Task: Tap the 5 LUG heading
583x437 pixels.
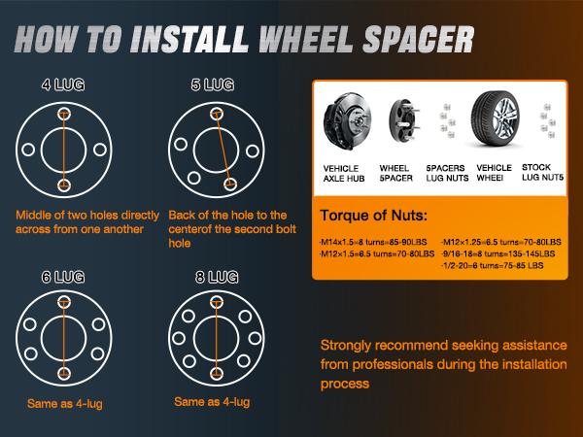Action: [212, 85]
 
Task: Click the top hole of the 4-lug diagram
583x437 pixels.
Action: [65, 115]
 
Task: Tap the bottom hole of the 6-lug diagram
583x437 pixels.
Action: [65, 374]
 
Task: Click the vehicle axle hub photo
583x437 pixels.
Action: [348, 125]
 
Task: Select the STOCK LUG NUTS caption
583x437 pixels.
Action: [543, 173]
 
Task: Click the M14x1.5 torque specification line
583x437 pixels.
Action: [373, 241]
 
